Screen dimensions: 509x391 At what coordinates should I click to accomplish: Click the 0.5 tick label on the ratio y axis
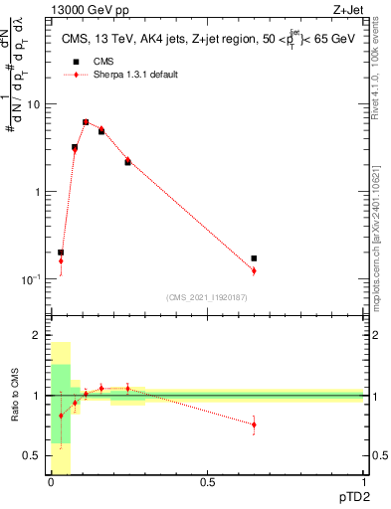tap(36, 455)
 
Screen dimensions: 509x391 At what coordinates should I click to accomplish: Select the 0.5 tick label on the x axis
tap(207, 483)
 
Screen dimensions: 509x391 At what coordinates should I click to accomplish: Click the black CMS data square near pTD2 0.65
tap(255, 258)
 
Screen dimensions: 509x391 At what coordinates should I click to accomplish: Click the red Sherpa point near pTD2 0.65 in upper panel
tap(255, 270)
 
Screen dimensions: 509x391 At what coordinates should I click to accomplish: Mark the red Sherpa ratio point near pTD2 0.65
tap(255, 424)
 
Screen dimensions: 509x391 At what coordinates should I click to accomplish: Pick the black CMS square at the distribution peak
tap(86, 122)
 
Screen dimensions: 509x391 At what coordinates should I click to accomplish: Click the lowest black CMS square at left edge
tap(61, 253)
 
